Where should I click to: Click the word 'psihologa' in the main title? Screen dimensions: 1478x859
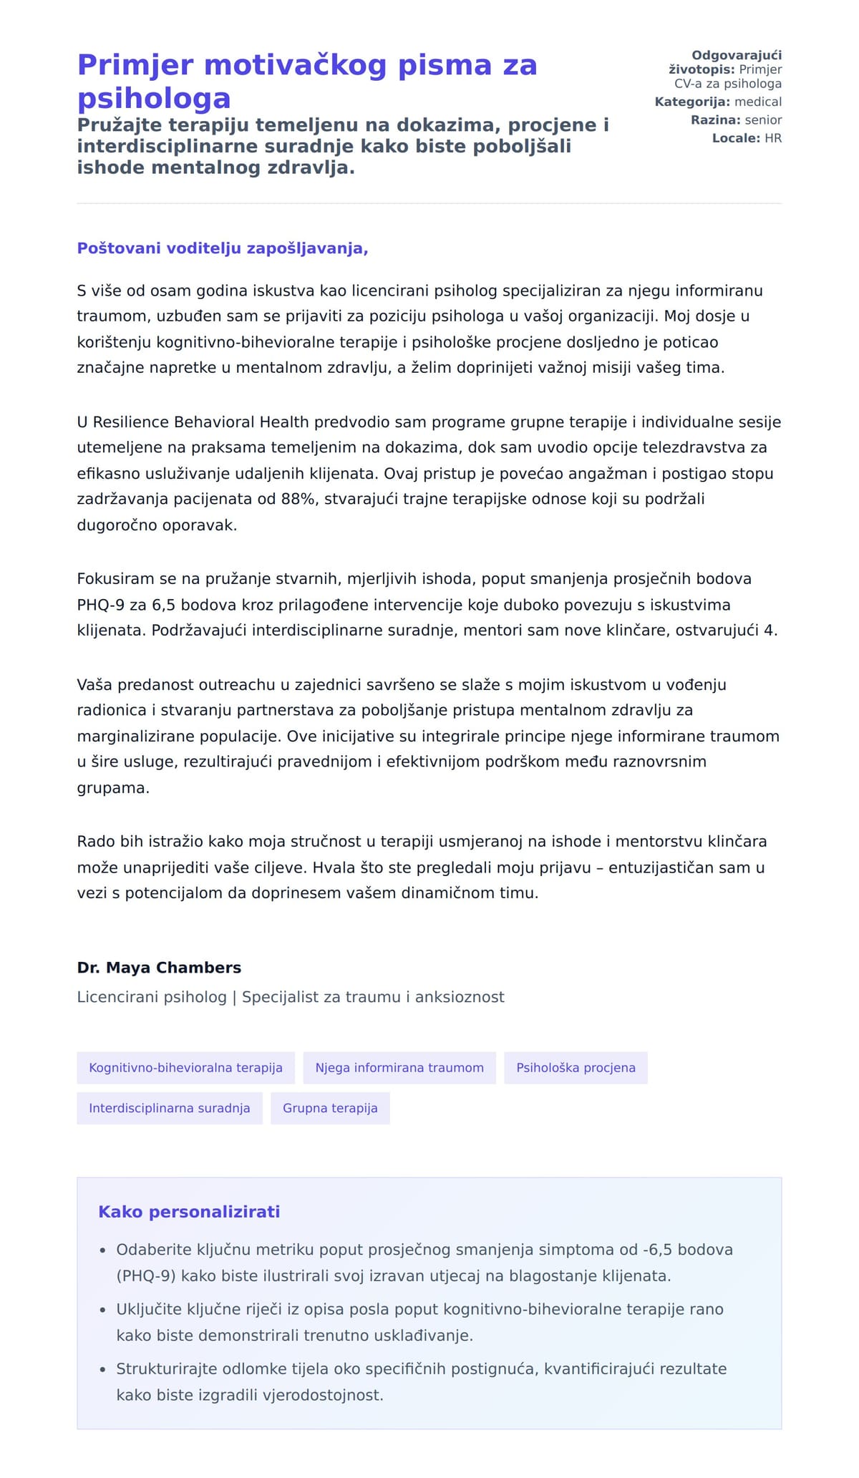point(154,99)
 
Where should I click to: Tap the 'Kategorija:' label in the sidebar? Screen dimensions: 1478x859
point(692,102)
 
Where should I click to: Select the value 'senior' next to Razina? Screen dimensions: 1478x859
point(763,120)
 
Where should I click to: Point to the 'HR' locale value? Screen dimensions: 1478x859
point(773,138)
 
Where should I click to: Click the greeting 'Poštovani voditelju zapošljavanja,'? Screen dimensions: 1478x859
point(223,248)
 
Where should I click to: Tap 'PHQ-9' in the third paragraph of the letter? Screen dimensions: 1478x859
point(101,605)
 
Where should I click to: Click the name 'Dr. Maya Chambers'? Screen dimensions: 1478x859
point(159,968)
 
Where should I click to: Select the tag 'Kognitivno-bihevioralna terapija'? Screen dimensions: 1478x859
point(185,1067)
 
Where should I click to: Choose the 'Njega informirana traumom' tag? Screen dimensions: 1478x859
point(399,1067)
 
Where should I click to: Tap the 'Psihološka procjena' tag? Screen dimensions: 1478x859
point(576,1067)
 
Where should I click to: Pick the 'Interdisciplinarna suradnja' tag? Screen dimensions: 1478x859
point(170,1108)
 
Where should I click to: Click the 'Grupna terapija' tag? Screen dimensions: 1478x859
point(330,1108)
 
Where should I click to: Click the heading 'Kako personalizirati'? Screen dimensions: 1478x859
point(189,1212)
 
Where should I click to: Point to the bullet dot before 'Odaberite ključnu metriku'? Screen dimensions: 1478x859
point(102,1250)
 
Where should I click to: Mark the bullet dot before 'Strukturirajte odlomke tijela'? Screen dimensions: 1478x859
point(102,1370)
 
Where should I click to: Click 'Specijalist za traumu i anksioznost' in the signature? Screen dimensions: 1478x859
point(373,997)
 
